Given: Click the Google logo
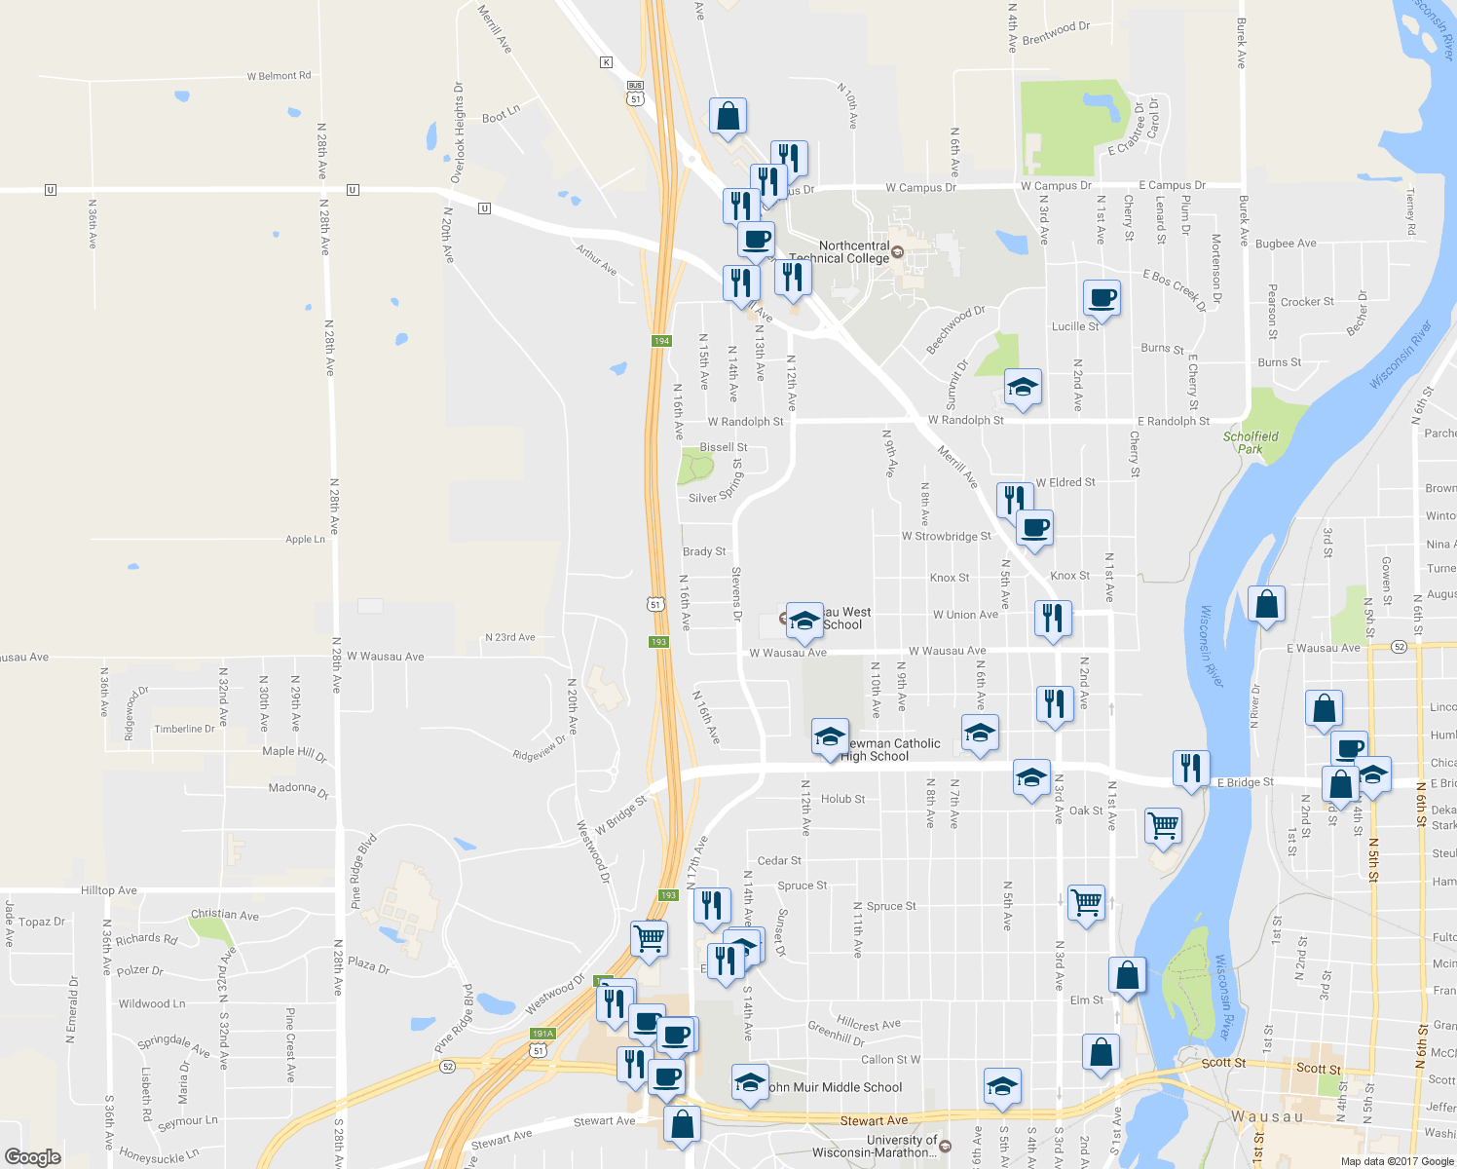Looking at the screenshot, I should [33, 1156].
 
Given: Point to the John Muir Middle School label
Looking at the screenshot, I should [836, 1087].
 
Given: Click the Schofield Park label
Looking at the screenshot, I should [1251, 442].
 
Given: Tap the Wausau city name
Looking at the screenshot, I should [1267, 1116].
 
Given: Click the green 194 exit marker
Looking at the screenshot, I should [662, 341].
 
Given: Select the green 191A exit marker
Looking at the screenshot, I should [542, 1034].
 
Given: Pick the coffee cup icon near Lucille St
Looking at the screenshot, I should [1102, 298].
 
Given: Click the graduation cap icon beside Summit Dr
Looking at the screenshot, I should [1023, 388].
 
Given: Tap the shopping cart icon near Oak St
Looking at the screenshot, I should [1163, 826].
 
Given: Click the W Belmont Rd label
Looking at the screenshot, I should [279, 76].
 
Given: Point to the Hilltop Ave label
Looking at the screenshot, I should [109, 890].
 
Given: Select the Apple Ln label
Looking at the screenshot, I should [305, 539].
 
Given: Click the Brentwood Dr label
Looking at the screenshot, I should [1056, 32].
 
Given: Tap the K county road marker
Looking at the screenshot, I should [606, 62].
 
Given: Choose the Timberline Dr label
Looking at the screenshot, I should [184, 729].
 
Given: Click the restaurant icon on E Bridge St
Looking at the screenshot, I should [1190, 769].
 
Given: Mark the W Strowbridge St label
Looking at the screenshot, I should [946, 537].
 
